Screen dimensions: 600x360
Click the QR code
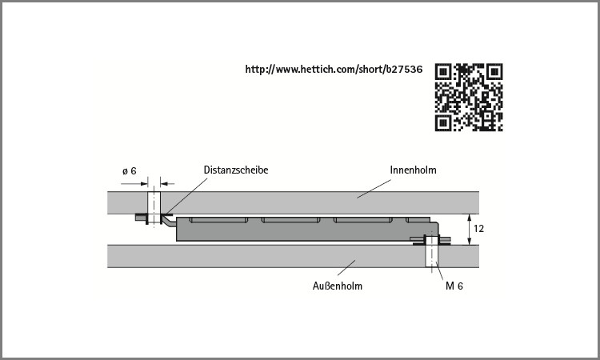[x=469, y=97]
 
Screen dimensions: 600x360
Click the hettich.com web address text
[x=334, y=70]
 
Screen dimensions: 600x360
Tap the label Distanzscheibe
[x=236, y=170]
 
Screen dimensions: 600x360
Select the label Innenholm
[x=413, y=170]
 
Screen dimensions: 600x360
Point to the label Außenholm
[x=337, y=286]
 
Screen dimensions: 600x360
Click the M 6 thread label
[x=454, y=286]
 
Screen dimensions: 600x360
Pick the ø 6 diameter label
[x=130, y=171]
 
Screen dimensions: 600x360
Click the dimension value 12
[x=478, y=228]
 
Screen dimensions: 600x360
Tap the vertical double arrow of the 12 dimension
[x=470, y=230]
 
